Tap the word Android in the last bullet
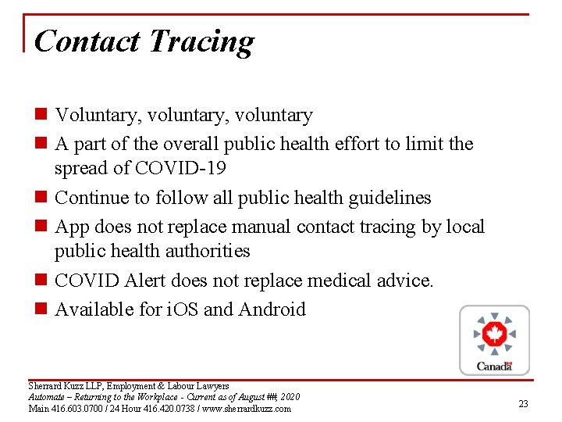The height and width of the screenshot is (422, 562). pos(272,309)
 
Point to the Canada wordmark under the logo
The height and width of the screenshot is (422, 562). pos(494,366)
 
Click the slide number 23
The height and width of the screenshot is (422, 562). pos(523,404)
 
